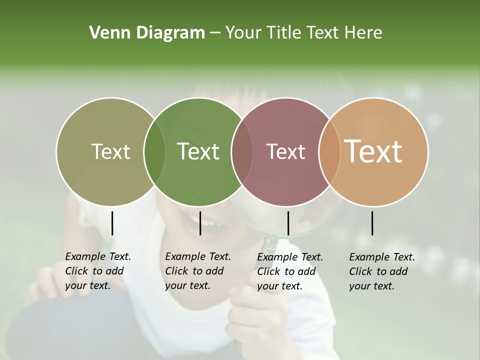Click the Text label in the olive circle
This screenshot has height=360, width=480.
(110, 151)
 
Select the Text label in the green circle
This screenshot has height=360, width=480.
(198, 151)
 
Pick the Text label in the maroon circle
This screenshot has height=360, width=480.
(285, 151)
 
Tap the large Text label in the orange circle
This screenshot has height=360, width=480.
(373, 151)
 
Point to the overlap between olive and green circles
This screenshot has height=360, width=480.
(154, 152)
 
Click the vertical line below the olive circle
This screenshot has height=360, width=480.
(112, 223)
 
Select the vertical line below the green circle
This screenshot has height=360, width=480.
(200, 223)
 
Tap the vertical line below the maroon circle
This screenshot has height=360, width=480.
(288, 223)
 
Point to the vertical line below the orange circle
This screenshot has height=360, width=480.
(372, 223)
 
